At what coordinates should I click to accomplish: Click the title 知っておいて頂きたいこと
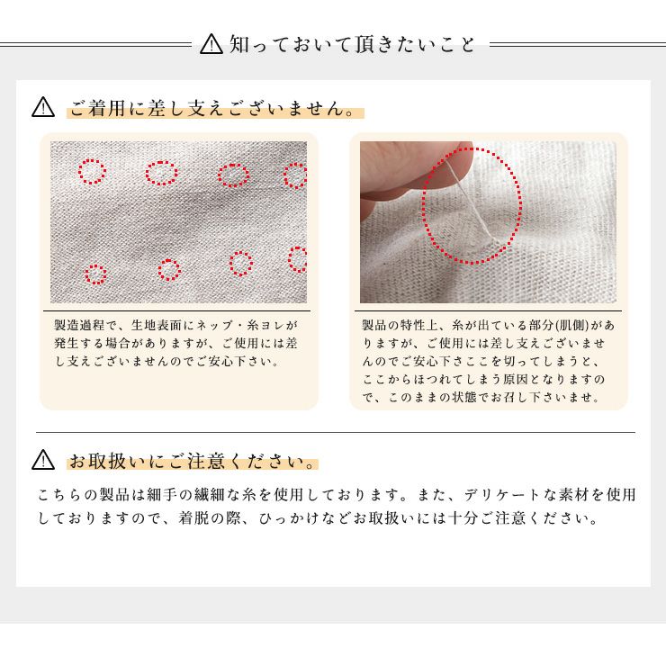(x=352, y=43)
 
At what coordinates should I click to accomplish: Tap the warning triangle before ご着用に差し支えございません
(x=43, y=109)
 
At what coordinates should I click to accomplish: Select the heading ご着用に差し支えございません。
(x=214, y=110)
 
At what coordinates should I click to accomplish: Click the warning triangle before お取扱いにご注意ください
(x=43, y=461)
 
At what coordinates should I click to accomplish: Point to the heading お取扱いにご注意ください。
(x=193, y=463)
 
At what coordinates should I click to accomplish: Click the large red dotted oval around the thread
(x=472, y=205)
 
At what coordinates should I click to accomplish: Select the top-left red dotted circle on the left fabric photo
(x=93, y=171)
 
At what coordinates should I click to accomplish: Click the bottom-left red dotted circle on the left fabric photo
(x=95, y=274)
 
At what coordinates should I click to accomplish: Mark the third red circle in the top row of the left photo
(x=233, y=175)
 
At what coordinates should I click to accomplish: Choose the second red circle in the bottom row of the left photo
(x=169, y=269)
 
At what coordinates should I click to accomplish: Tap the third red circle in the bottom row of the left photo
(x=240, y=263)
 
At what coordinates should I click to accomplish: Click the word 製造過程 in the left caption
(x=79, y=325)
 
